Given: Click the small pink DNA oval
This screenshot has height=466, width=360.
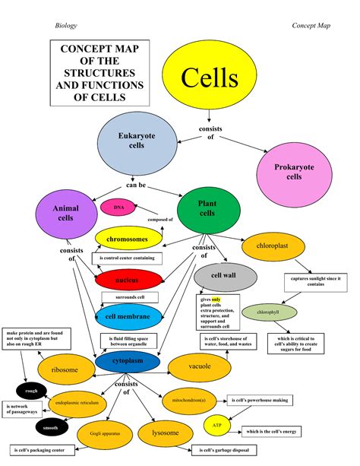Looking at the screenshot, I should [x=118, y=207].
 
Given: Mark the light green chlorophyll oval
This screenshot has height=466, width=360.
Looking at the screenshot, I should [x=267, y=312].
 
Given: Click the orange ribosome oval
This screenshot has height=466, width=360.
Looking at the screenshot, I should [x=65, y=370].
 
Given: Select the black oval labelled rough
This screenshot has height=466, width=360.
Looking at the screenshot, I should [x=31, y=392].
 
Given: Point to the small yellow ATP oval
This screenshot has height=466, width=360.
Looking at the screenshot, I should [x=218, y=426].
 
